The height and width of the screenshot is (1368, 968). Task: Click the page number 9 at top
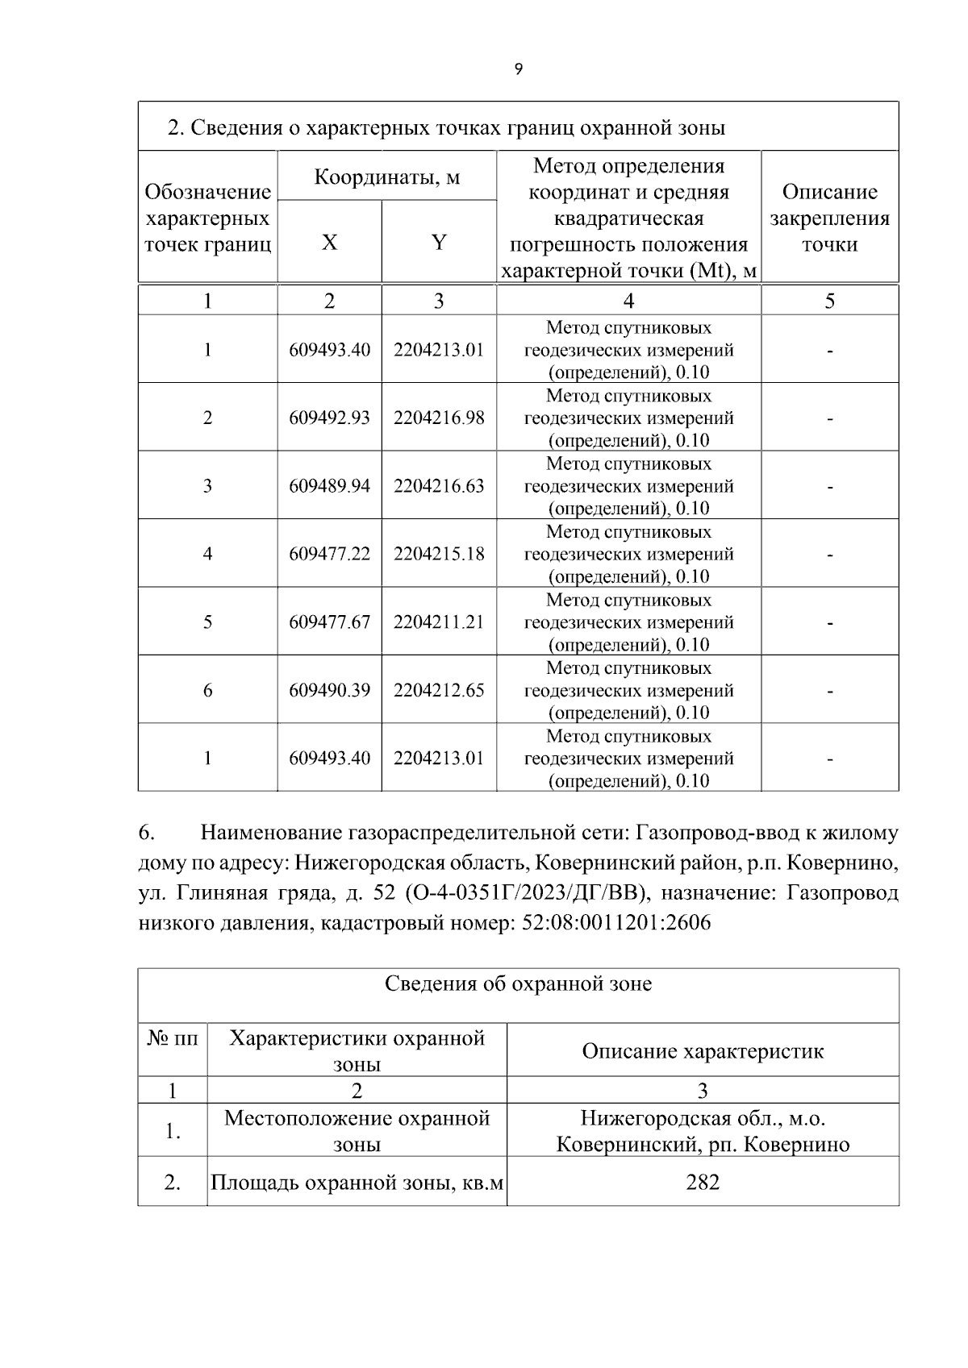(x=518, y=69)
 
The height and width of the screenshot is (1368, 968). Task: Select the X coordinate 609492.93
(x=329, y=418)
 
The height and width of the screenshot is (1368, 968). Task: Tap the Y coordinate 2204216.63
(x=439, y=486)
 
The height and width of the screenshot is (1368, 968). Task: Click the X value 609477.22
(x=329, y=554)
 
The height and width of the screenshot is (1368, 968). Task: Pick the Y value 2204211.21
(x=439, y=622)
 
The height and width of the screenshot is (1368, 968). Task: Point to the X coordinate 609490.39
(x=329, y=690)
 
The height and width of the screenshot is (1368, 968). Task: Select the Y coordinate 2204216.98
(x=439, y=418)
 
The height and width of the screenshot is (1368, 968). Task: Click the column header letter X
(x=329, y=242)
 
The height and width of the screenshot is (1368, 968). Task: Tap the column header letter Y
(x=439, y=242)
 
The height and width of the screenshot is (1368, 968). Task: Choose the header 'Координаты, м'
(x=386, y=177)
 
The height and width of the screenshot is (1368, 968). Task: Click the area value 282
(x=703, y=1183)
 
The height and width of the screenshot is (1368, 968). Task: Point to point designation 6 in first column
(x=207, y=690)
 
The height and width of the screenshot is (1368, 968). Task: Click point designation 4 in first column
(x=207, y=554)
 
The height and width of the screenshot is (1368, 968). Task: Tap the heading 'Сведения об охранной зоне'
(x=518, y=983)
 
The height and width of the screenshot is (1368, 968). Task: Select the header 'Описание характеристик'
(x=703, y=1051)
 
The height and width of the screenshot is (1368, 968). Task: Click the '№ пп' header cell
(x=172, y=1038)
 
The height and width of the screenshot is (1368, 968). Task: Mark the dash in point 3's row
(x=829, y=487)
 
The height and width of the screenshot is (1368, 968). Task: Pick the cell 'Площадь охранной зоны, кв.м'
(x=357, y=1183)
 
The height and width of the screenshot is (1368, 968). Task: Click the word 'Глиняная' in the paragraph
(x=214, y=893)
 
